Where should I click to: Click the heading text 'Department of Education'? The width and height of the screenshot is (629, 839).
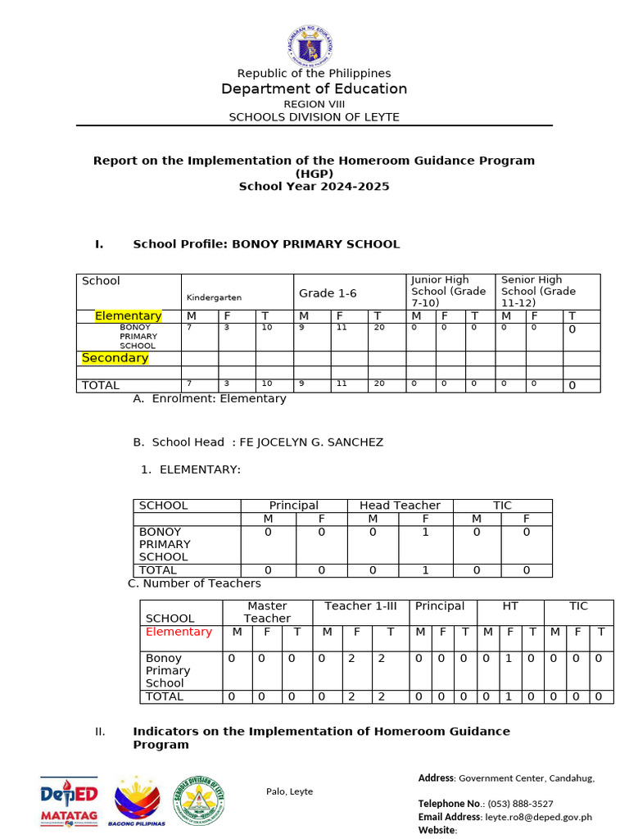[x=314, y=88]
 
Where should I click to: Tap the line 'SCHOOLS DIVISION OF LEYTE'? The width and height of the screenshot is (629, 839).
[x=314, y=117]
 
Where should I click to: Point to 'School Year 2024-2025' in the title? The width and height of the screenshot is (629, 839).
[x=314, y=186]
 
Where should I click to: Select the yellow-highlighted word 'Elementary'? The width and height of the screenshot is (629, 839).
[x=128, y=316]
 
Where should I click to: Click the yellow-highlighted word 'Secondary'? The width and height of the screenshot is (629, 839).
[x=115, y=358]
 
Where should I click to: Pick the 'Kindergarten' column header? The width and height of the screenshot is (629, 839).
[x=214, y=297]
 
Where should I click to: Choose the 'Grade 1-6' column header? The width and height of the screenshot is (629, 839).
[x=327, y=293]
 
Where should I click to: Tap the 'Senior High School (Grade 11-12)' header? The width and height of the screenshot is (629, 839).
[x=538, y=291]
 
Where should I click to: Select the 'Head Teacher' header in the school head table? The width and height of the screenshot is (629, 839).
[x=400, y=506]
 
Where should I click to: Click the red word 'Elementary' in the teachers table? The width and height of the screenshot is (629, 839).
[x=179, y=632]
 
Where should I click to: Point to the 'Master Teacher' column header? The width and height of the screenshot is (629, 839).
[x=267, y=612]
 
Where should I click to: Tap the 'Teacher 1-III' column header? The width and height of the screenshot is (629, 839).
[x=360, y=606]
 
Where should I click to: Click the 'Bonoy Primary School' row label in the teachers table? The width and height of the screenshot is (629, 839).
[x=168, y=670]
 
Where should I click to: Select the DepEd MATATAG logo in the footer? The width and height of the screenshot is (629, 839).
[x=70, y=801]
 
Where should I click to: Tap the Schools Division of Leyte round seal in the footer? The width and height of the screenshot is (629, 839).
[x=198, y=800]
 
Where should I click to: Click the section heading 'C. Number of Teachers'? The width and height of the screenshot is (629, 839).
[x=195, y=583]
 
